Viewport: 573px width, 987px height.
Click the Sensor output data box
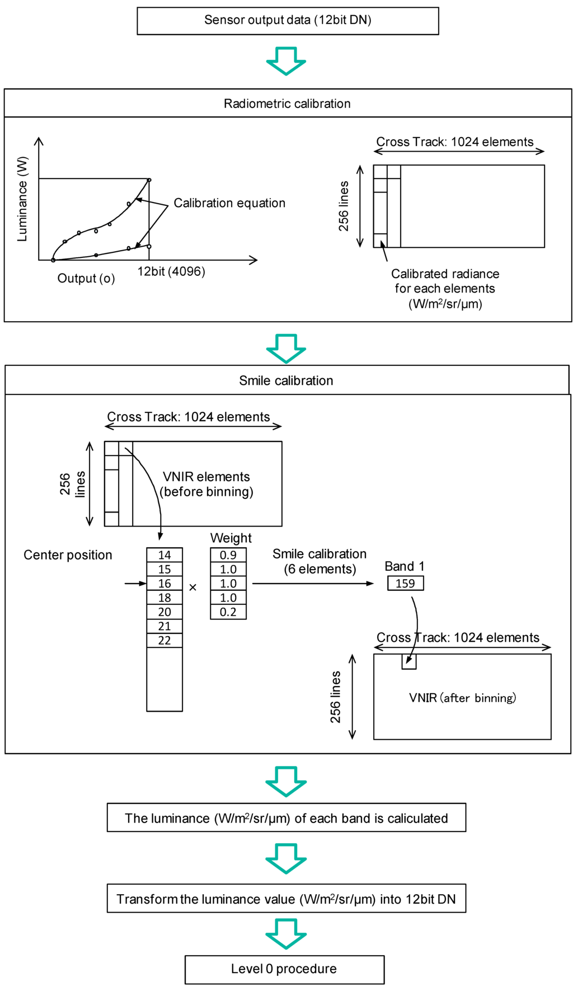(288, 21)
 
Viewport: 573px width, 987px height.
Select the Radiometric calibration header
(287, 104)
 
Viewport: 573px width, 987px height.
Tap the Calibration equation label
(229, 203)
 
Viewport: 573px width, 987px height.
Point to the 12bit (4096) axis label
(171, 271)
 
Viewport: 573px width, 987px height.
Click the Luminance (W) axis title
(22, 199)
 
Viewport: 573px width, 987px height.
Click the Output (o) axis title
(86, 279)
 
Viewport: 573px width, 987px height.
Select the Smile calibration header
(286, 380)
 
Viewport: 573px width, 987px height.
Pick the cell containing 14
(165, 555)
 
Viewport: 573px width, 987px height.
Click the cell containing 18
(165, 598)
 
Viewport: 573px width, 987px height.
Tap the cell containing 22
(165, 640)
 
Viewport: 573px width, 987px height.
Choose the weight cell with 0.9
(228, 555)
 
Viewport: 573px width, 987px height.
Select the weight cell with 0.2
(228, 612)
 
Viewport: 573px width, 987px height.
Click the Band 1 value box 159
(405, 584)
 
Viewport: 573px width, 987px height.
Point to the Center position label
(68, 555)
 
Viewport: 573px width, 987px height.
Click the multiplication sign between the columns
(193, 587)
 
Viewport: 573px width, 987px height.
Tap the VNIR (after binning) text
(462, 698)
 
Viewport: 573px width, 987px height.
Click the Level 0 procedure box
(284, 969)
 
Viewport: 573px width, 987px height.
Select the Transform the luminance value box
(286, 899)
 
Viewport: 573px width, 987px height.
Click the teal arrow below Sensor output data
(286, 61)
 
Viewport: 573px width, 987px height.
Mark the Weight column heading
(231, 538)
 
